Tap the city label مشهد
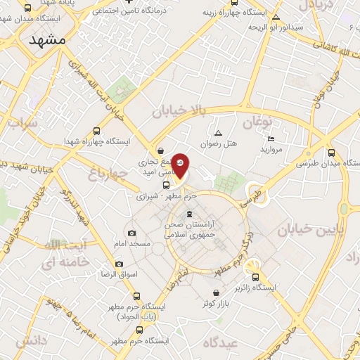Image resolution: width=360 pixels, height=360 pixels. (48, 40)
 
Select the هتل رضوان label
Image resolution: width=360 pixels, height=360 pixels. (219, 143)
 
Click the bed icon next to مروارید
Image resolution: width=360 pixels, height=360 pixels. (271, 139)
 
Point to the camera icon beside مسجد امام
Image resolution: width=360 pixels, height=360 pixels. (131, 233)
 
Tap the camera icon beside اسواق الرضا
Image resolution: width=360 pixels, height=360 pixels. (119, 264)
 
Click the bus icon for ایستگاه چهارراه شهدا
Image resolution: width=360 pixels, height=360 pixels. (96, 131)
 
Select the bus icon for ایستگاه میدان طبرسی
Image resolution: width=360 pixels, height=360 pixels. (331, 153)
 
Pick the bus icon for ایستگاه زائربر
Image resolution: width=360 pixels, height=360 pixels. (255, 278)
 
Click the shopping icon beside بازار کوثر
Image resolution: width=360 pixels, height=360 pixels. (216, 293)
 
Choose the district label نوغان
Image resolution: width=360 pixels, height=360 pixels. (257, 122)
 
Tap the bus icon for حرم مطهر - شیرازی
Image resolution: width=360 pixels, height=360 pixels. (165, 186)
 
